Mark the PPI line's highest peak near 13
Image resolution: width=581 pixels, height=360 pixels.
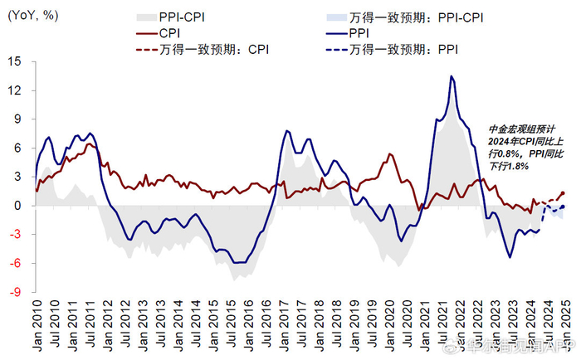tap(451, 76)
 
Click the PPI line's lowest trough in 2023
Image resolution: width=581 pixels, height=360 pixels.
tap(510, 257)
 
